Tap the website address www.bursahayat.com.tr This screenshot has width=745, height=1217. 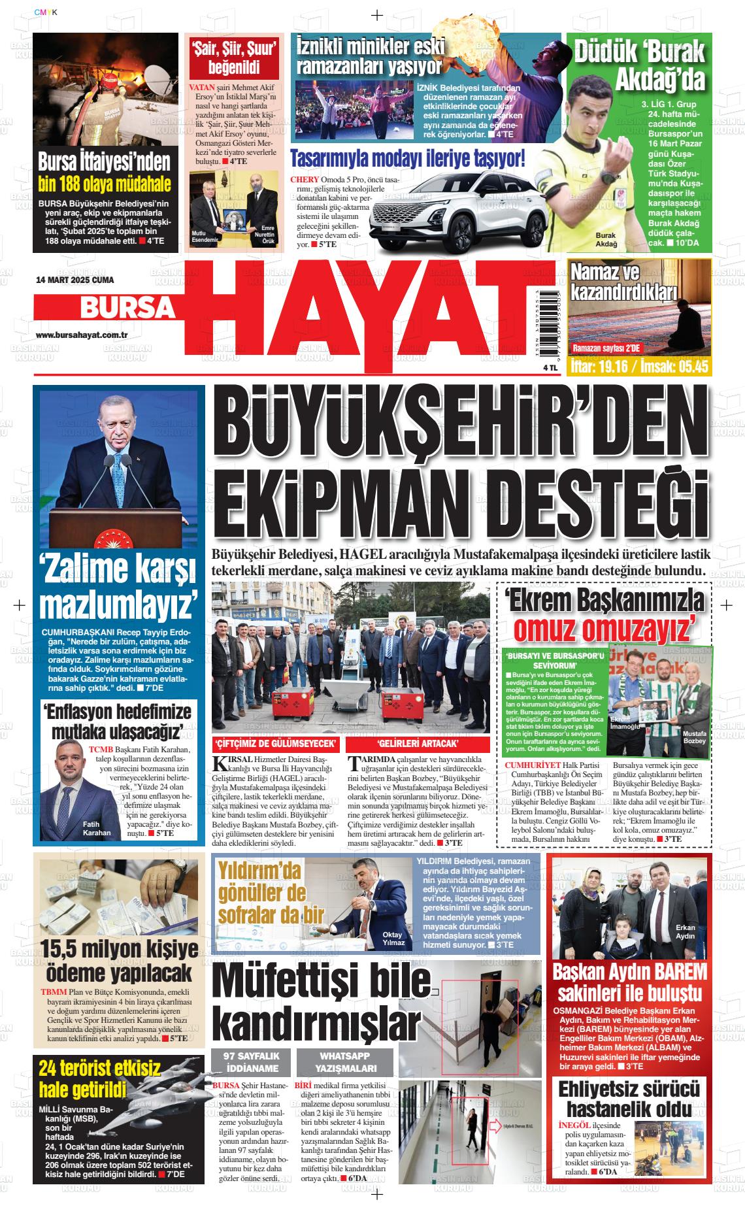tap(81, 335)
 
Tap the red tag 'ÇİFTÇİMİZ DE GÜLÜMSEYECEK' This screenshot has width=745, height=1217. tap(276, 744)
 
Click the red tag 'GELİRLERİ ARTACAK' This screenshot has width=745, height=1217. tap(418, 744)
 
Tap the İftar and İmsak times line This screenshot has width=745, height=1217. tap(631, 367)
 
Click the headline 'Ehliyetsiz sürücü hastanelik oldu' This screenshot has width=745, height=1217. tap(628, 1101)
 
